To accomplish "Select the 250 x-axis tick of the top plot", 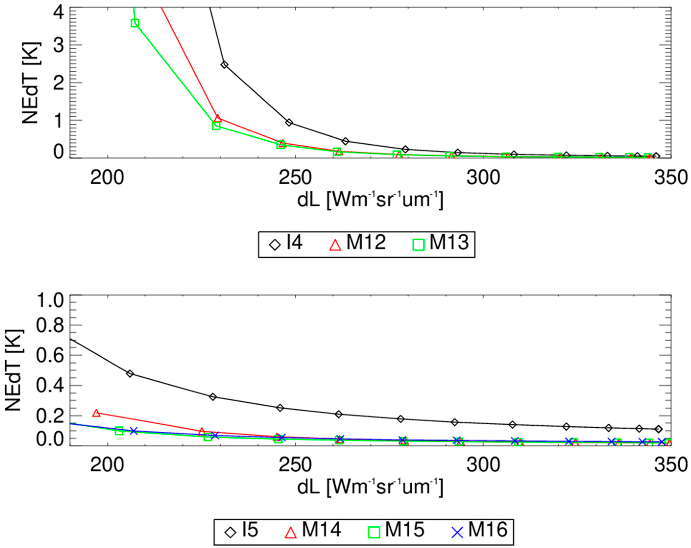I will pyautogui.click(x=295, y=178).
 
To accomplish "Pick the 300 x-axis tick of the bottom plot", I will pyautogui.click(x=483, y=466).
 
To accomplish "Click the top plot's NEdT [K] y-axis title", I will pyautogui.click(x=30, y=83).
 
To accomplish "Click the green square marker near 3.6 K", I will pyautogui.click(x=135, y=23).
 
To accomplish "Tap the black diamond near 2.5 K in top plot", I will pyautogui.click(x=224, y=65).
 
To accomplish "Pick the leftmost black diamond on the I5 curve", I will pyautogui.click(x=130, y=374).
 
